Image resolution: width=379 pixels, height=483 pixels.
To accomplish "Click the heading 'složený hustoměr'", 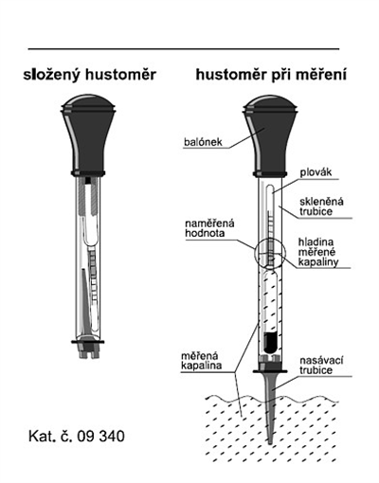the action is [90, 75].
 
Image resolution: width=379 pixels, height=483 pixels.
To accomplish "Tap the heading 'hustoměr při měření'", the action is [271, 75].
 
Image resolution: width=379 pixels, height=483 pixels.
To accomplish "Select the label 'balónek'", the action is [204, 142].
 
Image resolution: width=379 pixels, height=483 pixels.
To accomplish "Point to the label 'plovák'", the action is [316, 172].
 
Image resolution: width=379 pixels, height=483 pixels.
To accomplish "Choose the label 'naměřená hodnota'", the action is [209, 228].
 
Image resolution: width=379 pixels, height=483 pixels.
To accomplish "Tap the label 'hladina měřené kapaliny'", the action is [317, 252].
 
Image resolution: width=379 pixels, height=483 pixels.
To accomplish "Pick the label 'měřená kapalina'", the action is [201, 360].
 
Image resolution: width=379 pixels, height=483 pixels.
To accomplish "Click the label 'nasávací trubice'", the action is [321, 365].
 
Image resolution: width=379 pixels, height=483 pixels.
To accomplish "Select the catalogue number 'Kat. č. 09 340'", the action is [77, 436].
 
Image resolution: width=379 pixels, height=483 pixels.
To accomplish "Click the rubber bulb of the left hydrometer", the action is [88, 133].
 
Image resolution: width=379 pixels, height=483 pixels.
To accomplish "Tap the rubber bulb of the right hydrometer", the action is [270, 134].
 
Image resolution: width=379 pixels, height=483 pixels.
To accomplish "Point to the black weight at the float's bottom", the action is [270, 342].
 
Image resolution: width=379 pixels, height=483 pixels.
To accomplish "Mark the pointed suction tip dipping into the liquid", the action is [270, 407].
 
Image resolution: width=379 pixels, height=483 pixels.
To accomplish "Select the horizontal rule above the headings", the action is [184, 49].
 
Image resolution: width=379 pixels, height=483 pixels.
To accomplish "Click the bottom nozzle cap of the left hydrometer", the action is [88, 349].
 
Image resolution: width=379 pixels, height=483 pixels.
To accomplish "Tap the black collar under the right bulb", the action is [270, 174].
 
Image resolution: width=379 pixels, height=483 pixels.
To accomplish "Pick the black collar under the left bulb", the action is [88, 173].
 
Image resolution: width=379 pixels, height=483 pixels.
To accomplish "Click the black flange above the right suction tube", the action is [270, 368].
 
